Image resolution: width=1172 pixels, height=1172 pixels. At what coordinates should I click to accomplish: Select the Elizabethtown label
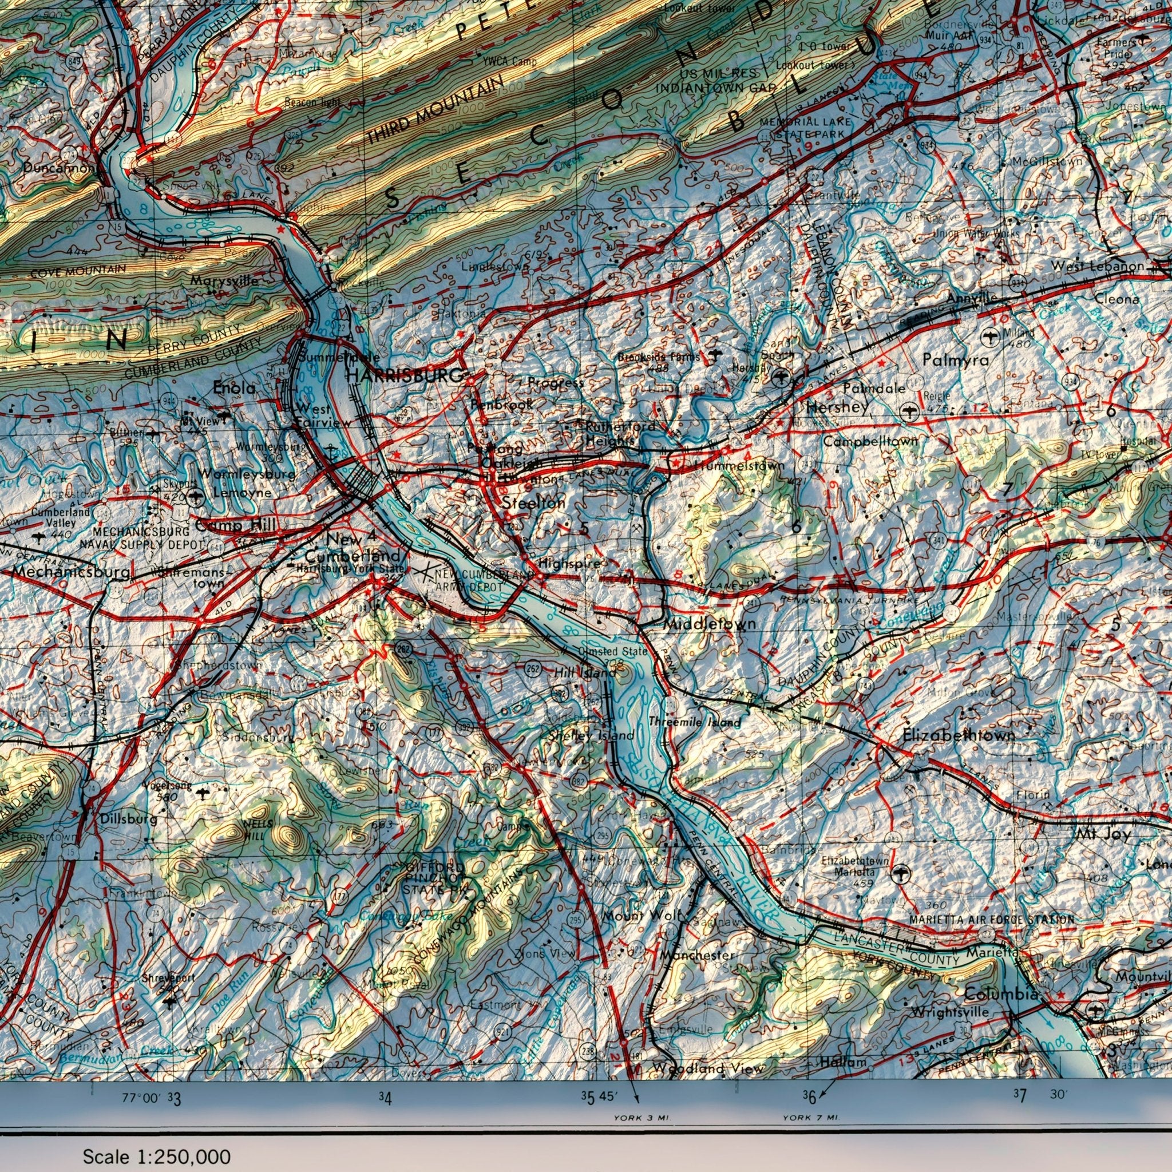[x=959, y=735]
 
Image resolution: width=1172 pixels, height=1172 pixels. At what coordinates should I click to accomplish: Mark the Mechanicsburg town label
[x=71, y=572]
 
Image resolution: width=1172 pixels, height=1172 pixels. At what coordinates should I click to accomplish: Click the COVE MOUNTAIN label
[x=78, y=271]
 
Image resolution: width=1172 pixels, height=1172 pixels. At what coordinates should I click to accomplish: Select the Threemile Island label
[x=695, y=722]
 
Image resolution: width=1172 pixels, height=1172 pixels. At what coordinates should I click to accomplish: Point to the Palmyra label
[x=956, y=360]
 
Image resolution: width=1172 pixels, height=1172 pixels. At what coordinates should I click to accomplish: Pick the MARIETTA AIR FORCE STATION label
[x=991, y=920]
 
